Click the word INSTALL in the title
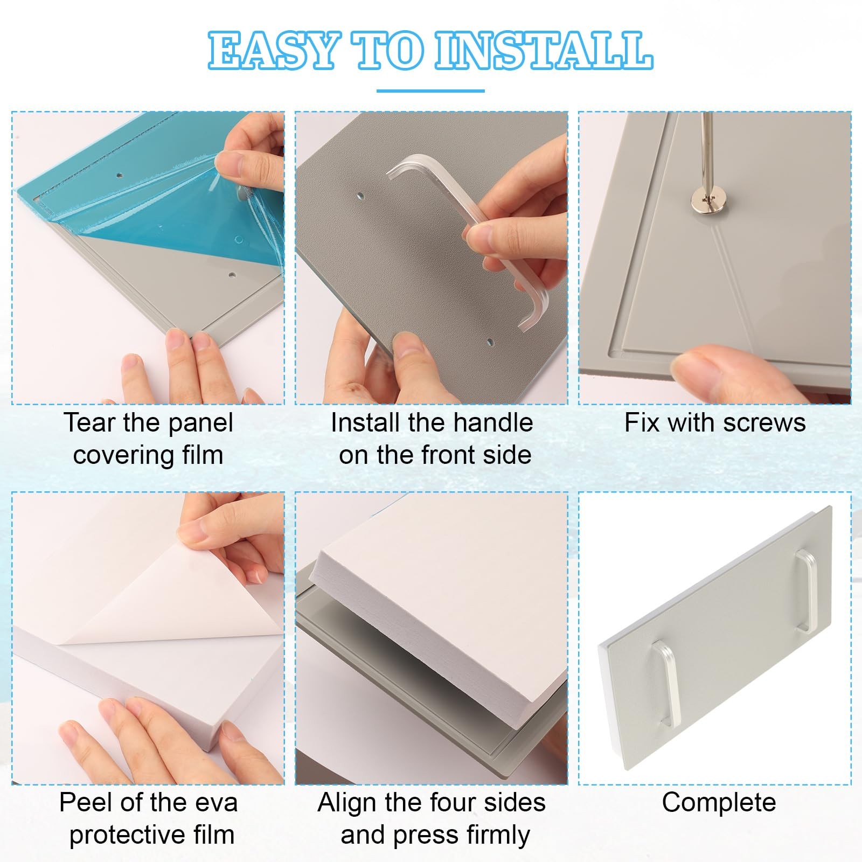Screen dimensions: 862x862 [x=544, y=51]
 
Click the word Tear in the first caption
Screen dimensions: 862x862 [x=90, y=422]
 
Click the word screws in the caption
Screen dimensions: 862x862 [x=764, y=423]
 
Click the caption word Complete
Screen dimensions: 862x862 [x=719, y=803]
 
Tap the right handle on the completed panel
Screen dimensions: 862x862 [x=809, y=590]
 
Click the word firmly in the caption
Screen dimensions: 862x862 [x=497, y=836]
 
